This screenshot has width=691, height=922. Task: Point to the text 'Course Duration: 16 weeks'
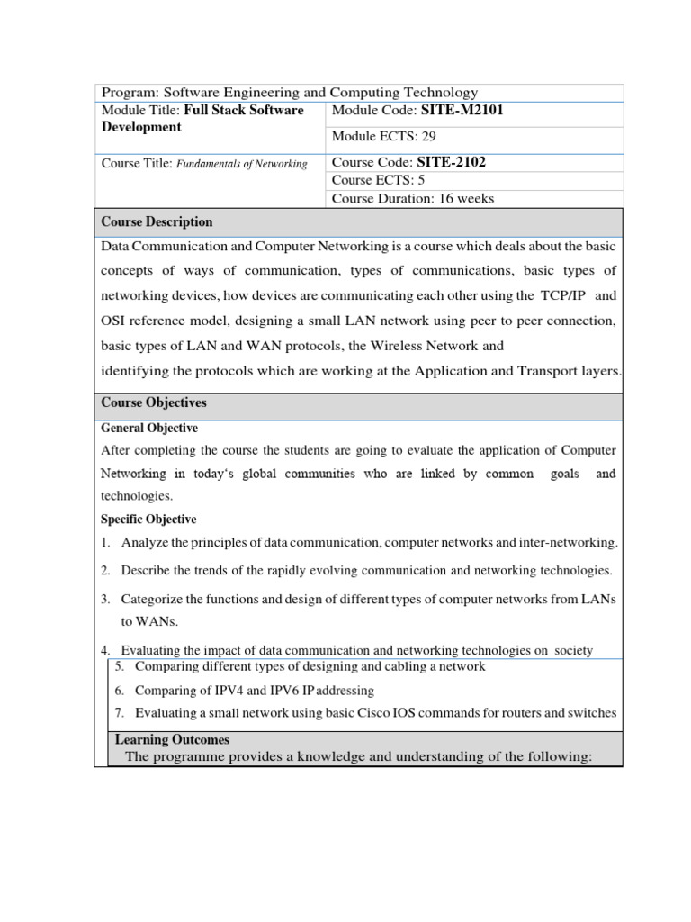point(413,198)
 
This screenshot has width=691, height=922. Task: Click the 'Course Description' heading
point(157,221)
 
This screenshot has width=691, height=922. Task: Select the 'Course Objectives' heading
point(153,402)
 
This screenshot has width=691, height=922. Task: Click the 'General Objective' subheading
point(149,429)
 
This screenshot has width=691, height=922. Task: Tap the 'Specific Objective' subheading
point(148,520)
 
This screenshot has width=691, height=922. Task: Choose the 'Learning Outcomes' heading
point(172,739)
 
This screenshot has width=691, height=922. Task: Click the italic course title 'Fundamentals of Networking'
point(241,163)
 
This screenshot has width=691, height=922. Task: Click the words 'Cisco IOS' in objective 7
point(409,713)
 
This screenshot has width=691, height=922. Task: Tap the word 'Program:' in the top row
point(129,93)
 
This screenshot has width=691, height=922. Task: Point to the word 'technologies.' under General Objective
point(136,496)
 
